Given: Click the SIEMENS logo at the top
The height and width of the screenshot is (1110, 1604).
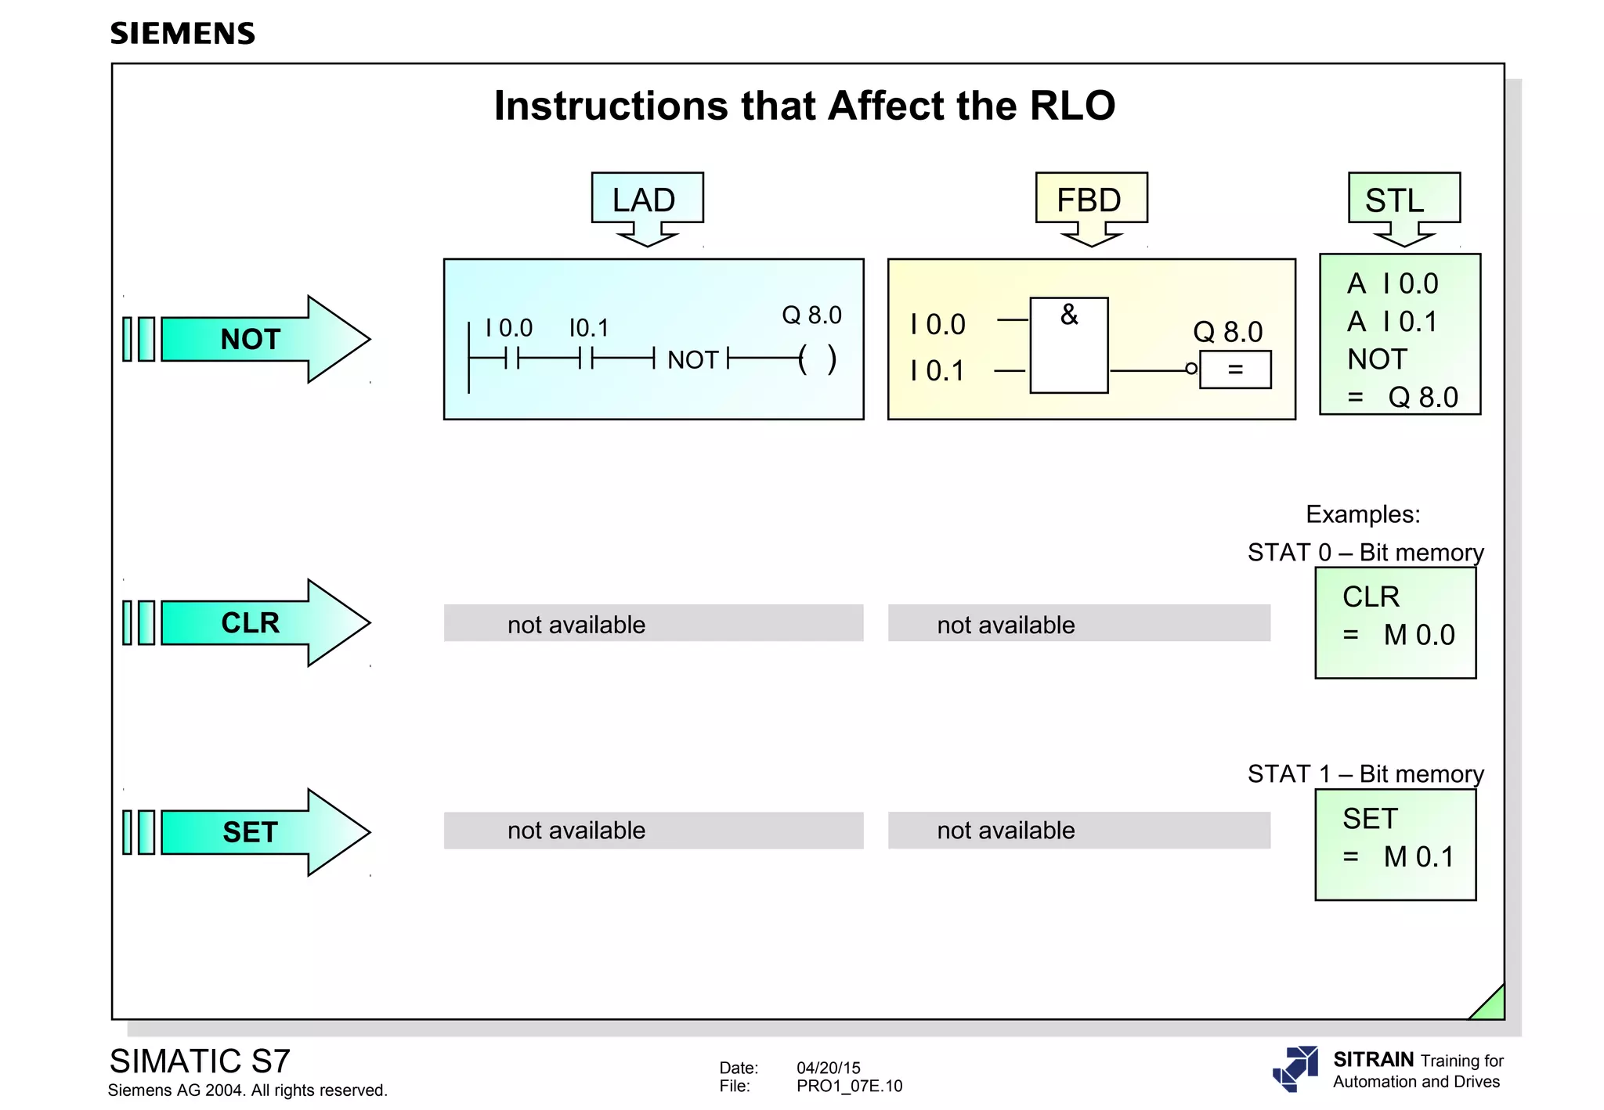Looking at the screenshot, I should pyautogui.click(x=182, y=34).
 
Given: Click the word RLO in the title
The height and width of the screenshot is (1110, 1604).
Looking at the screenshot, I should pyautogui.click(x=1071, y=106).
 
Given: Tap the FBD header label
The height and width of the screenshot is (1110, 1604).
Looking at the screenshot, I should pyautogui.click(x=1090, y=200).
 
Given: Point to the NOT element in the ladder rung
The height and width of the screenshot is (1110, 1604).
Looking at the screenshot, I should pyautogui.click(x=692, y=360).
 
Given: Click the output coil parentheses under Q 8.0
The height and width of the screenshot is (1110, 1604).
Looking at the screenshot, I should pyautogui.click(x=817, y=360).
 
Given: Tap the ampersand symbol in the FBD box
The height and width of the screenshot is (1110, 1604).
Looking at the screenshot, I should pyautogui.click(x=1069, y=315).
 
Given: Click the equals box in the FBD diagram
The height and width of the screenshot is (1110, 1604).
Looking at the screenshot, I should pyautogui.click(x=1235, y=369).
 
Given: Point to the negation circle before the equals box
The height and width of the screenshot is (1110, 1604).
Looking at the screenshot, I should pyautogui.click(x=1191, y=369).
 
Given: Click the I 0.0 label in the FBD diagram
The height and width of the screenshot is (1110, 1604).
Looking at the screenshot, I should pyautogui.click(x=938, y=325).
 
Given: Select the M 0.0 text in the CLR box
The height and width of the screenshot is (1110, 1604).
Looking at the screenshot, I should pyautogui.click(x=1418, y=635).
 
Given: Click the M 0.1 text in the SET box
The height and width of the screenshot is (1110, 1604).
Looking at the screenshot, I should pyautogui.click(x=1418, y=857).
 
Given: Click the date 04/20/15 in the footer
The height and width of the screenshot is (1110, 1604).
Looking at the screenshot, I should pyautogui.click(x=828, y=1068).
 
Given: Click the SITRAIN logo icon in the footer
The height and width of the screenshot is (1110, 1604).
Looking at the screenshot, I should pyautogui.click(x=1295, y=1068).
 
